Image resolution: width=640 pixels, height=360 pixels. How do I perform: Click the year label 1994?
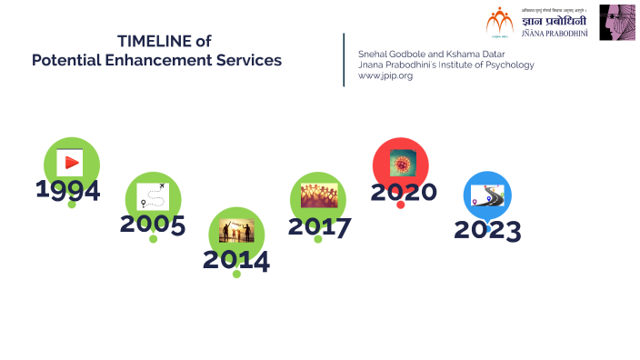coord(68,190)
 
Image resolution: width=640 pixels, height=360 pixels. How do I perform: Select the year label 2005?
coord(153,225)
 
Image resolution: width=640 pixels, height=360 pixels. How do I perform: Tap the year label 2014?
coord(236,260)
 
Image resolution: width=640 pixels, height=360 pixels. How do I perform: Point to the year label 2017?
coord(319,226)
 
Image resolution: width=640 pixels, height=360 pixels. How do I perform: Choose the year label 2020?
coord(404,192)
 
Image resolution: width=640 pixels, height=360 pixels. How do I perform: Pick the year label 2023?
coord(487,230)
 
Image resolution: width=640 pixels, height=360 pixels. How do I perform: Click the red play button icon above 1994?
coord(70,164)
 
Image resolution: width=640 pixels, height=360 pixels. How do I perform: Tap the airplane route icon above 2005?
coord(153,195)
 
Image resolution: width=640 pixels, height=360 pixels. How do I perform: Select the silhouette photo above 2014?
coord(236,231)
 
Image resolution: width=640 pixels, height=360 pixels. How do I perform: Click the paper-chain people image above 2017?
coord(319,195)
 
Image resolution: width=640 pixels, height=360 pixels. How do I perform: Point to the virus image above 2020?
coord(401,165)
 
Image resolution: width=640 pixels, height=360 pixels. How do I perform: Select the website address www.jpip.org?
coord(385,76)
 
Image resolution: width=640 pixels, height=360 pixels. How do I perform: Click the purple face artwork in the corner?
coord(616,23)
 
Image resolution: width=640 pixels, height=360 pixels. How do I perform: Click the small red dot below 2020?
coord(401,205)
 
